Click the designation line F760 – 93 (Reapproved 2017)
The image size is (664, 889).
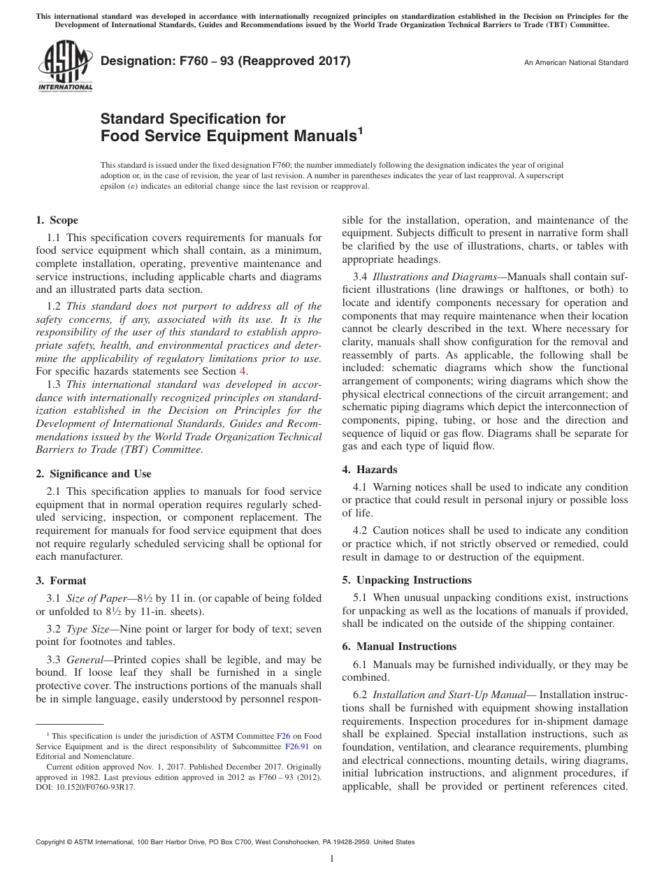pyautogui.click(x=226, y=62)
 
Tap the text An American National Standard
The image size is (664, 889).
pyautogui.click(x=576, y=63)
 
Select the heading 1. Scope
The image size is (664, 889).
pyautogui.click(x=57, y=220)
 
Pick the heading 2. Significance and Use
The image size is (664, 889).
pyautogui.click(x=94, y=474)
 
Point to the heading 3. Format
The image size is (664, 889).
pyautogui.click(x=62, y=581)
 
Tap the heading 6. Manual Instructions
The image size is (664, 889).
pyautogui.click(x=399, y=646)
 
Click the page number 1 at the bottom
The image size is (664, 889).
pyautogui.click(x=332, y=860)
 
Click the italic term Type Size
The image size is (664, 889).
pyautogui.click(x=87, y=630)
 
